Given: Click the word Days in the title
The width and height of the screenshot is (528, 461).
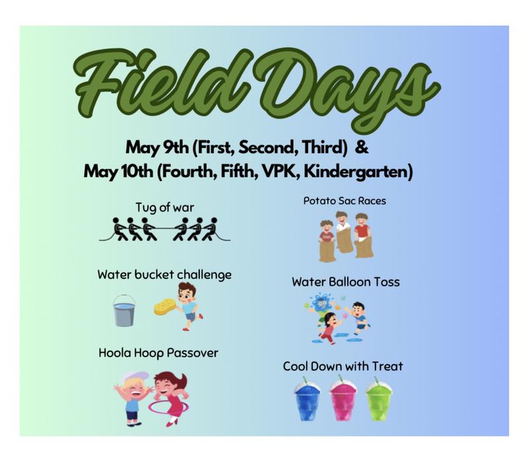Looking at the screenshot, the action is coord(350,89).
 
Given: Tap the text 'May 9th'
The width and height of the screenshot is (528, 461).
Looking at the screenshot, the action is coord(157,148).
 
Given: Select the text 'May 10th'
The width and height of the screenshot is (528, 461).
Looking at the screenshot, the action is coord(119,171).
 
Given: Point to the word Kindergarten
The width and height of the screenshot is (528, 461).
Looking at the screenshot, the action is coord(358,172).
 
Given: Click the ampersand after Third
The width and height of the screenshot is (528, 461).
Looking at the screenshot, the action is coord(362,147).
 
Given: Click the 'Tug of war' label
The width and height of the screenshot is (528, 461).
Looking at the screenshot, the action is coord(164,207).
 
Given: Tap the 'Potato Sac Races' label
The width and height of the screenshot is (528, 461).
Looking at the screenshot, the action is coord(345,201).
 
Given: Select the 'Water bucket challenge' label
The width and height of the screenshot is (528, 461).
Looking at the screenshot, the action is coord(164,275).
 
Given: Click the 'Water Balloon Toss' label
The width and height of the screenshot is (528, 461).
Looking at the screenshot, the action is coord(346,282).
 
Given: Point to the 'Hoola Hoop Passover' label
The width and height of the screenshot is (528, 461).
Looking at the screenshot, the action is coord(158,353).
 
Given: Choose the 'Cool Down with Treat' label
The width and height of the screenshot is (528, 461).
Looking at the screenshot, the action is coord(343,367).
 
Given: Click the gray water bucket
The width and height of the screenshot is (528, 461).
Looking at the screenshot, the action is coord(124,310).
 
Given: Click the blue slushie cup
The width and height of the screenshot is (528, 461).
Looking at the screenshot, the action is coord(307,400).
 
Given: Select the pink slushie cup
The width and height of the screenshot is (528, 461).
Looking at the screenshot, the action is coord(343,400).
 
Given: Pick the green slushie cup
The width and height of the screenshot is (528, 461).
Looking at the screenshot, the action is coord(379,400).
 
